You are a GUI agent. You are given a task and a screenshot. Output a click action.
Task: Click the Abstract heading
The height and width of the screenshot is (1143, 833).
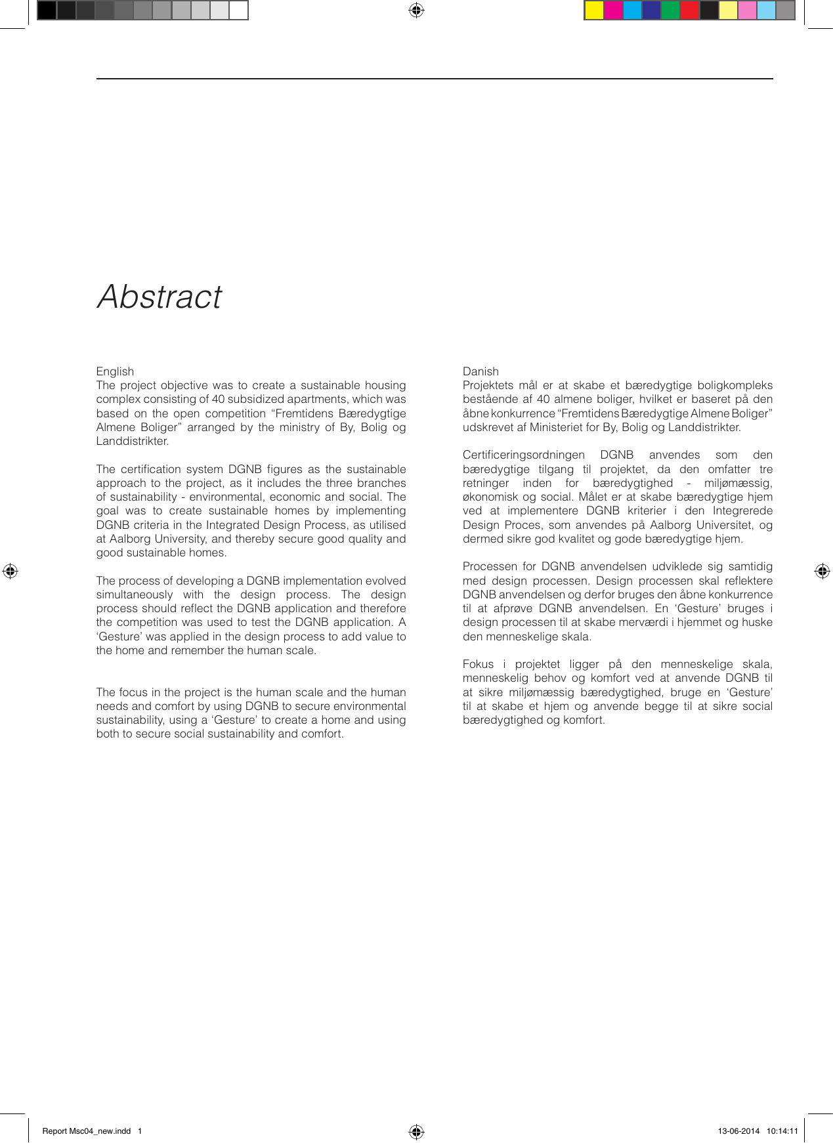pyautogui.click(x=160, y=297)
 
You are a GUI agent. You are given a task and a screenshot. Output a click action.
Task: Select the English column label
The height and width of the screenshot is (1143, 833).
pyautogui.click(x=115, y=371)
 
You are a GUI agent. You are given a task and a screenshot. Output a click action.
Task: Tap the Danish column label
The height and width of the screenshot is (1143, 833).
pyautogui.click(x=481, y=371)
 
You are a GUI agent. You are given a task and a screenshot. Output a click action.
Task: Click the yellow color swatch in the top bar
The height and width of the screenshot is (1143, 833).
pyautogui.click(x=594, y=10)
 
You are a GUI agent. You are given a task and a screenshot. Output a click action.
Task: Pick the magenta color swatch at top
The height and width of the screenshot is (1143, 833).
pyautogui.click(x=613, y=10)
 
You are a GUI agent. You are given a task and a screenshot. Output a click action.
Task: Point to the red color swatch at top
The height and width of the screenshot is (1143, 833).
pyautogui.click(x=689, y=10)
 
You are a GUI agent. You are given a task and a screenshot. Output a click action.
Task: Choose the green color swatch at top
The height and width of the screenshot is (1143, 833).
pyautogui.click(x=670, y=10)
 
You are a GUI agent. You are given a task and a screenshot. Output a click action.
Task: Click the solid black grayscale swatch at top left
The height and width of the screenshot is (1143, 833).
pyautogui.click(x=47, y=10)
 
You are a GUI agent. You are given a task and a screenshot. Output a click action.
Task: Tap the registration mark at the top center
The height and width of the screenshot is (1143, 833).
pyautogui.click(x=416, y=10)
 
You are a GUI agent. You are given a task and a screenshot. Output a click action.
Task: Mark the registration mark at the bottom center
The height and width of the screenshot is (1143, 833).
pyautogui.click(x=416, y=1131)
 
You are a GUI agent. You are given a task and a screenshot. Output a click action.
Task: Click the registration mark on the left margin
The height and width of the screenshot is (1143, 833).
pyautogui.click(x=10, y=571)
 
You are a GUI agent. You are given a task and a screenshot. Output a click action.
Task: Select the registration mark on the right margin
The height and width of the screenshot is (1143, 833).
pyautogui.click(x=822, y=571)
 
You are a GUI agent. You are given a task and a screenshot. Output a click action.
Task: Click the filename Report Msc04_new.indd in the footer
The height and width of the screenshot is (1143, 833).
pyautogui.click(x=87, y=1131)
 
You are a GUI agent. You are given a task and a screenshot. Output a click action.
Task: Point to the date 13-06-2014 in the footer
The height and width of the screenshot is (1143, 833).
pyautogui.click(x=738, y=1131)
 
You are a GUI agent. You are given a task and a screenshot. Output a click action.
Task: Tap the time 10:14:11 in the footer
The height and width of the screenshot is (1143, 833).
pyautogui.click(x=782, y=1131)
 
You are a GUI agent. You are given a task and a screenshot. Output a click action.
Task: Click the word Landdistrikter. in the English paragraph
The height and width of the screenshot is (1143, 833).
pyautogui.click(x=133, y=442)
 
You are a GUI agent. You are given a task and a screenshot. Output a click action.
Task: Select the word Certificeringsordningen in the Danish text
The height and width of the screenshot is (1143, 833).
pyautogui.click(x=523, y=455)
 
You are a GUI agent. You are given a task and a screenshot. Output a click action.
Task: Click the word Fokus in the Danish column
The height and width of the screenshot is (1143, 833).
pyautogui.click(x=478, y=665)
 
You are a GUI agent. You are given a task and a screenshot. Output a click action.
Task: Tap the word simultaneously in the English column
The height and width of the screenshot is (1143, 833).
pyautogui.click(x=135, y=595)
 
